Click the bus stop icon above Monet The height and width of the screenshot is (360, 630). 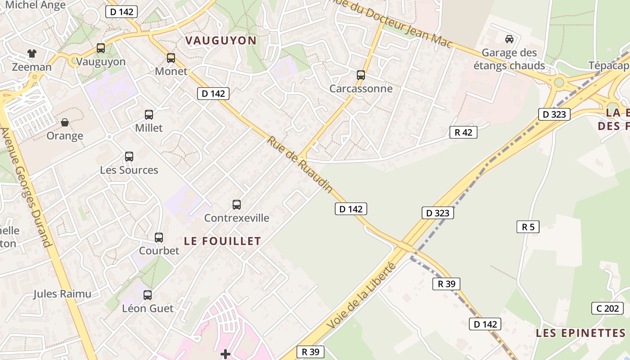[171, 58]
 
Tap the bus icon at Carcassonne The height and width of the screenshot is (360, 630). [361, 75]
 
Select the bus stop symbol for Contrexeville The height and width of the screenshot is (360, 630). [237, 205]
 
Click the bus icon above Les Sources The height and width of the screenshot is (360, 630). [129, 157]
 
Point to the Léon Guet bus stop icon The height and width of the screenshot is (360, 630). [148, 295]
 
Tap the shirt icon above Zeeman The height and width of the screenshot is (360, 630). [31, 54]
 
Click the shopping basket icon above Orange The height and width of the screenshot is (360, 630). [65, 122]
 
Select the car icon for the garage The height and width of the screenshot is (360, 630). [509, 39]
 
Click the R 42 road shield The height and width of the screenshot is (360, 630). [463, 132]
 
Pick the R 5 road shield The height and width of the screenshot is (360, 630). [528, 227]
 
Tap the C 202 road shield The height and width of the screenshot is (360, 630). [607, 308]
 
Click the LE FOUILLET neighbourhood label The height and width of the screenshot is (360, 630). [222, 241]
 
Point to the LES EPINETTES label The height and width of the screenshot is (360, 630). [580, 333]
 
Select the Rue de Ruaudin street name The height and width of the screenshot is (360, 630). [300, 165]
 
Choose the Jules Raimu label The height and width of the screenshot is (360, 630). [62, 294]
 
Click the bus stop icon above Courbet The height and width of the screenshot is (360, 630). [159, 238]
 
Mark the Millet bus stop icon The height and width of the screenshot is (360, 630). [149, 115]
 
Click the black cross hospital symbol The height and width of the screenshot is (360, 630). [225, 355]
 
